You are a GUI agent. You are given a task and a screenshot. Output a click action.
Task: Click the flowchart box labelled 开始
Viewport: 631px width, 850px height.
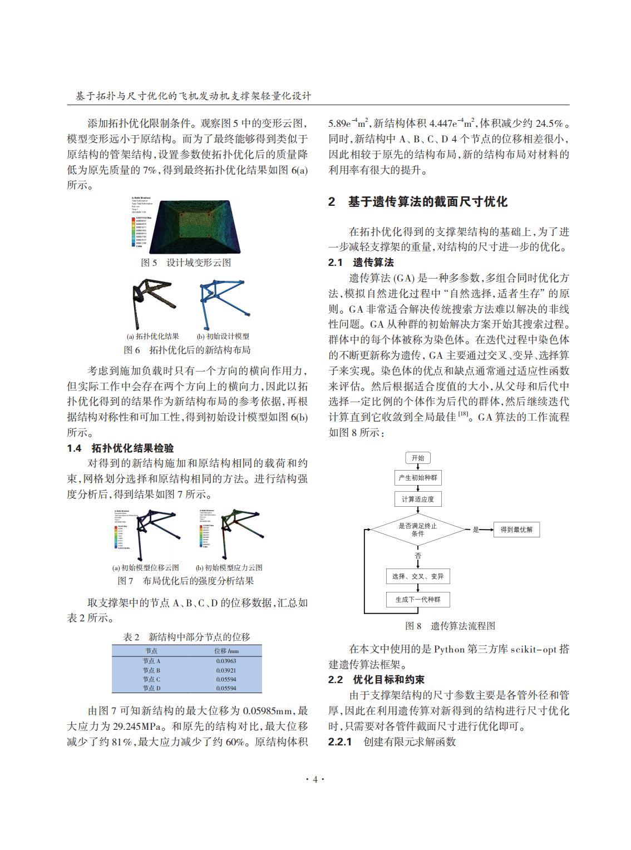pos(417,458)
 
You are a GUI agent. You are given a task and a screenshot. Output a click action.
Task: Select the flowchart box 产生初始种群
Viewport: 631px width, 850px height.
pos(417,478)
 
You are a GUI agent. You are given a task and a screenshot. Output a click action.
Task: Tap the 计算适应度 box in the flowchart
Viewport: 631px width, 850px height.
pos(417,499)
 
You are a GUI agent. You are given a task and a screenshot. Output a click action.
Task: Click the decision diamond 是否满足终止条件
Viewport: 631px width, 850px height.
pos(417,530)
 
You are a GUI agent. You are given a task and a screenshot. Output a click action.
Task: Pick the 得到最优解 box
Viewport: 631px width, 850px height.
pos(516,530)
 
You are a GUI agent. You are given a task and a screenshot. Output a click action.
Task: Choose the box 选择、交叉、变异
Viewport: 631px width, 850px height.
pos(417,576)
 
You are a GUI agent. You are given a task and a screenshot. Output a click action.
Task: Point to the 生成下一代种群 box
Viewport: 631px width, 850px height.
pos(417,599)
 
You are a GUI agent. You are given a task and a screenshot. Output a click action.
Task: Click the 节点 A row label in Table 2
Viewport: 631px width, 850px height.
pos(151,661)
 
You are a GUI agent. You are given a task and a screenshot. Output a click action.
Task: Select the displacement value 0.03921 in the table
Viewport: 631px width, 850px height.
pos(226,670)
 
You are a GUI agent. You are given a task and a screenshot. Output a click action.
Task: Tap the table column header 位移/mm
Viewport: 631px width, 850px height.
pos(226,651)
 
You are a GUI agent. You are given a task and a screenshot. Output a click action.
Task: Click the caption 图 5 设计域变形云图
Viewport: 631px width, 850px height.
pos(186,263)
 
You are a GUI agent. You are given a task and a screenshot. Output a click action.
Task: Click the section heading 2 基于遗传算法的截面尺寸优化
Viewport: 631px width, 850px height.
pos(417,202)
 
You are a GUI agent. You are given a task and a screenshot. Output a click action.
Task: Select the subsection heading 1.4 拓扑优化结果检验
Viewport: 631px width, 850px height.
pos(120,448)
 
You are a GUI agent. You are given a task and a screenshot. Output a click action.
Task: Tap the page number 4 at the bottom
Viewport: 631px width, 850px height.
pos(315,780)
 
